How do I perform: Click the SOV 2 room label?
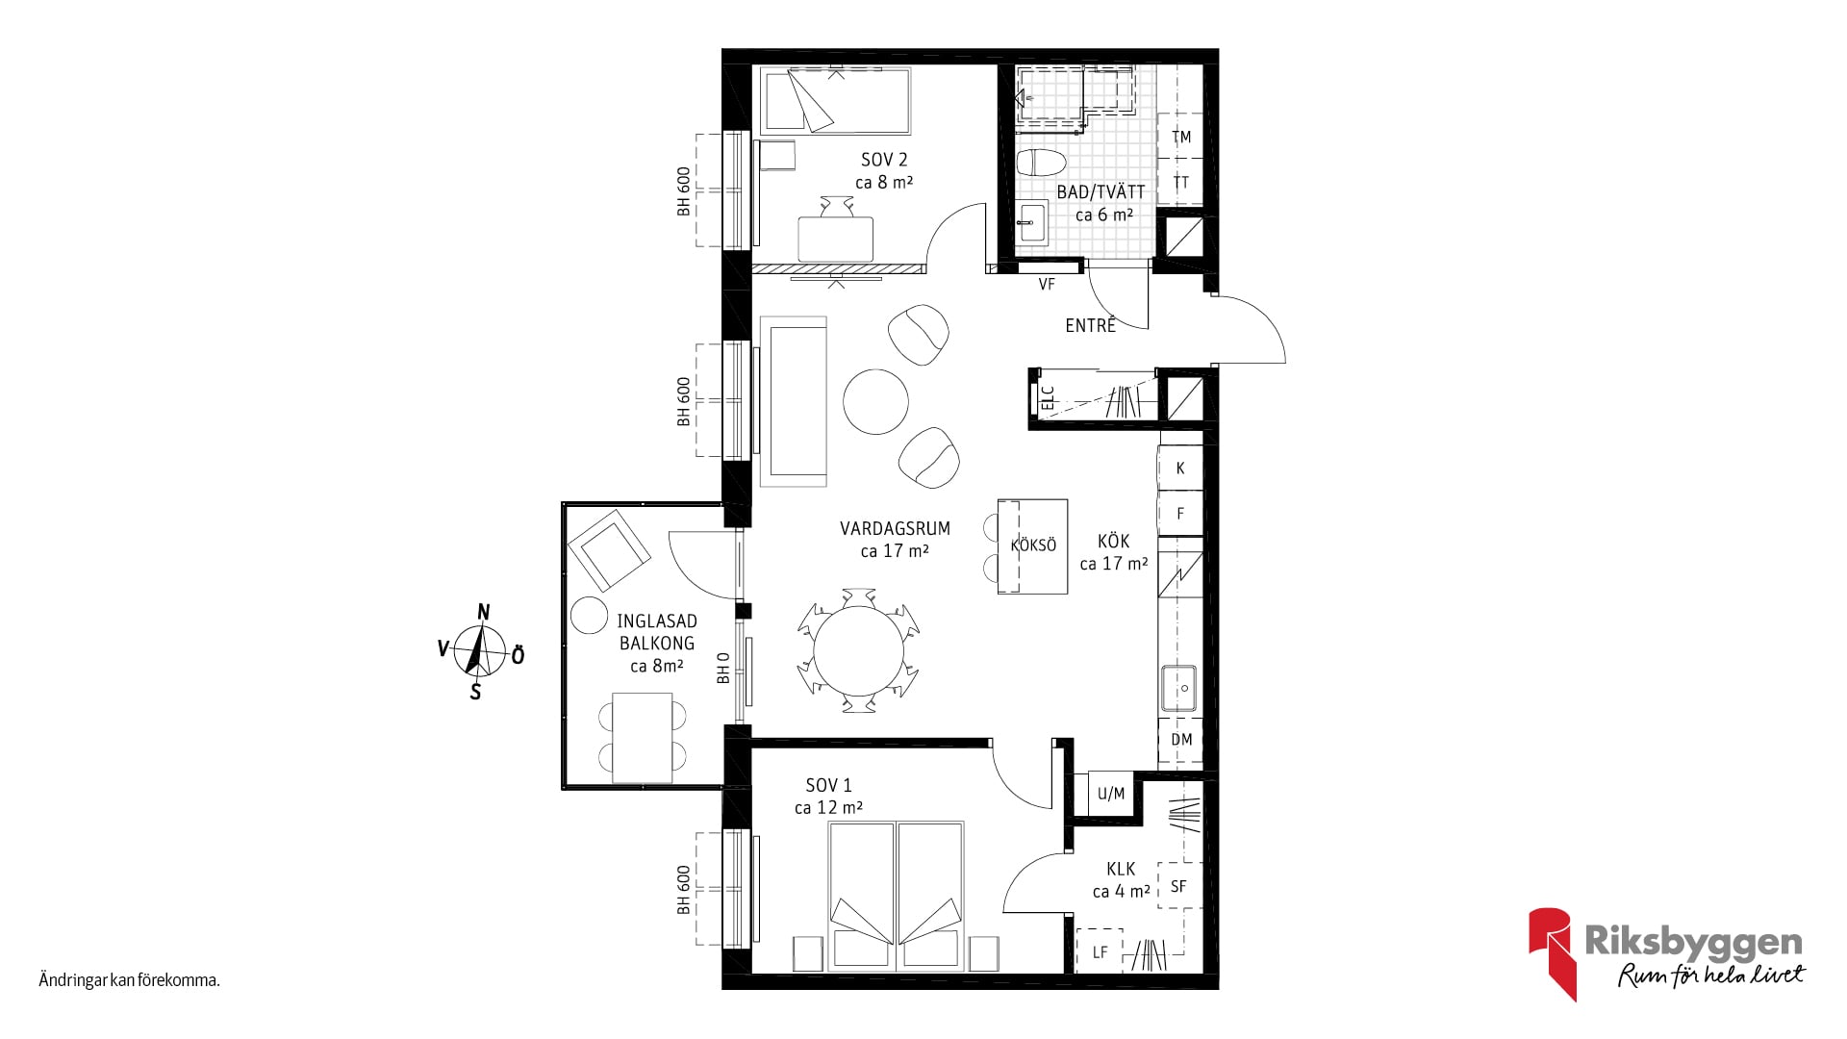(884, 160)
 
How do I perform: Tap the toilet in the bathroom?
(1041, 163)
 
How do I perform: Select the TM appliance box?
(1180, 137)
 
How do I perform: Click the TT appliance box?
(1180, 182)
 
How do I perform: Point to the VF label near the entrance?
(1047, 284)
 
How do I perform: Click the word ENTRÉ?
(1091, 325)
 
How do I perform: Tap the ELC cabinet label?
(1049, 397)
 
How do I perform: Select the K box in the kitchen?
(1180, 469)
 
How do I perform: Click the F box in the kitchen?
(1180, 514)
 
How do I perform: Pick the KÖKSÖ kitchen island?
(1033, 545)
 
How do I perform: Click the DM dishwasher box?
(1181, 739)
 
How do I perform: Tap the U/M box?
(1111, 794)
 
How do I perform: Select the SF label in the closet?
(1178, 886)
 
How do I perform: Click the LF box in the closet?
(1100, 951)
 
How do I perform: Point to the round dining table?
(859, 650)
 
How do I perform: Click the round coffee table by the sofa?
(875, 402)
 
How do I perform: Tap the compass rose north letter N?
(484, 613)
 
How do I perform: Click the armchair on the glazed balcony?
(608, 549)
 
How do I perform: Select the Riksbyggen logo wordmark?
(1693, 943)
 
